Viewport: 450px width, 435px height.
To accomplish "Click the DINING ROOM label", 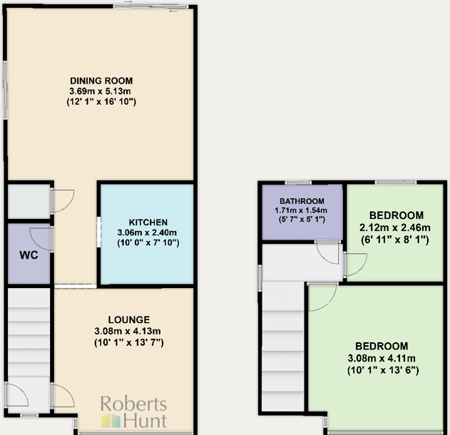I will [101, 81].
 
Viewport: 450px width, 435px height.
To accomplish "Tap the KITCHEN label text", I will [148, 222].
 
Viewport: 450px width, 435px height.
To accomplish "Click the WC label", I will [29, 255].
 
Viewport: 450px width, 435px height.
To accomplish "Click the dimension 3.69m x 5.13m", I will [102, 91].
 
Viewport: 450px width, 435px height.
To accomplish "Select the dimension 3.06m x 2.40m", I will [148, 232].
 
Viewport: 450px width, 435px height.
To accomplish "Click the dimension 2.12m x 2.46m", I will [397, 227].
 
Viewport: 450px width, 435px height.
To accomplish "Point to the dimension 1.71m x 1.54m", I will [302, 211].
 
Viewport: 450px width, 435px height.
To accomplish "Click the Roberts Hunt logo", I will [133, 412].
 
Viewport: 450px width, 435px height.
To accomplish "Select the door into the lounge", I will [62, 395].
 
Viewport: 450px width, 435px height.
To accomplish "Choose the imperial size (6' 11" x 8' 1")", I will [397, 240].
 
